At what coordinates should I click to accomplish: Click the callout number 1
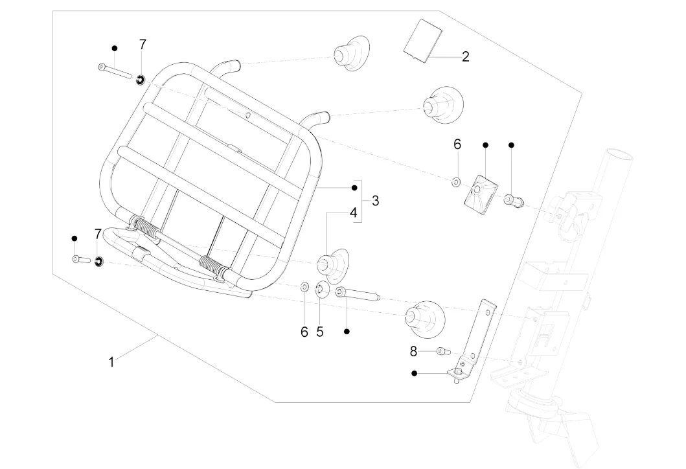click(x=111, y=362)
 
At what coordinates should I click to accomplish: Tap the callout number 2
click(x=465, y=56)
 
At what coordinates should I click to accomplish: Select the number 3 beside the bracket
click(x=375, y=201)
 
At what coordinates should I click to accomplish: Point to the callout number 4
click(x=353, y=212)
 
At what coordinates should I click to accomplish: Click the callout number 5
click(x=319, y=332)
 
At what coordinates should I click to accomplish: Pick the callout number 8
click(x=414, y=351)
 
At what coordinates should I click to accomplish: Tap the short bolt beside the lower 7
click(x=80, y=260)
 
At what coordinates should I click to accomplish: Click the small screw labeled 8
click(x=443, y=352)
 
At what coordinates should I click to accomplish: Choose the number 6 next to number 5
click(x=304, y=332)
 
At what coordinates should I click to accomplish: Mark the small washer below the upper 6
click(x=456, y=183)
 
